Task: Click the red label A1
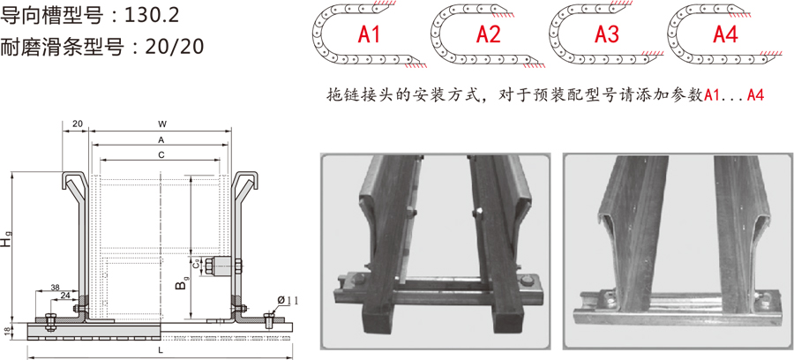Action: [369, 34]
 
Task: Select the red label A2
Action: [488, 34]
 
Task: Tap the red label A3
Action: [607, 34]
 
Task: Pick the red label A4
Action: [726, 34]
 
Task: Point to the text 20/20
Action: [174, 46]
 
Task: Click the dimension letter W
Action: [161, 124]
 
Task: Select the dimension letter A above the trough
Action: [161, 139]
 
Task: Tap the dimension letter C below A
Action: [161, 156]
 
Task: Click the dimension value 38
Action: [56, 287]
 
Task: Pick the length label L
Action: [161, 350]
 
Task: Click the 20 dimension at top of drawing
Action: [78, 124]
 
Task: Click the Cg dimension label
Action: [196, 264]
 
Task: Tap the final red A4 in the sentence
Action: [755, 95]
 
